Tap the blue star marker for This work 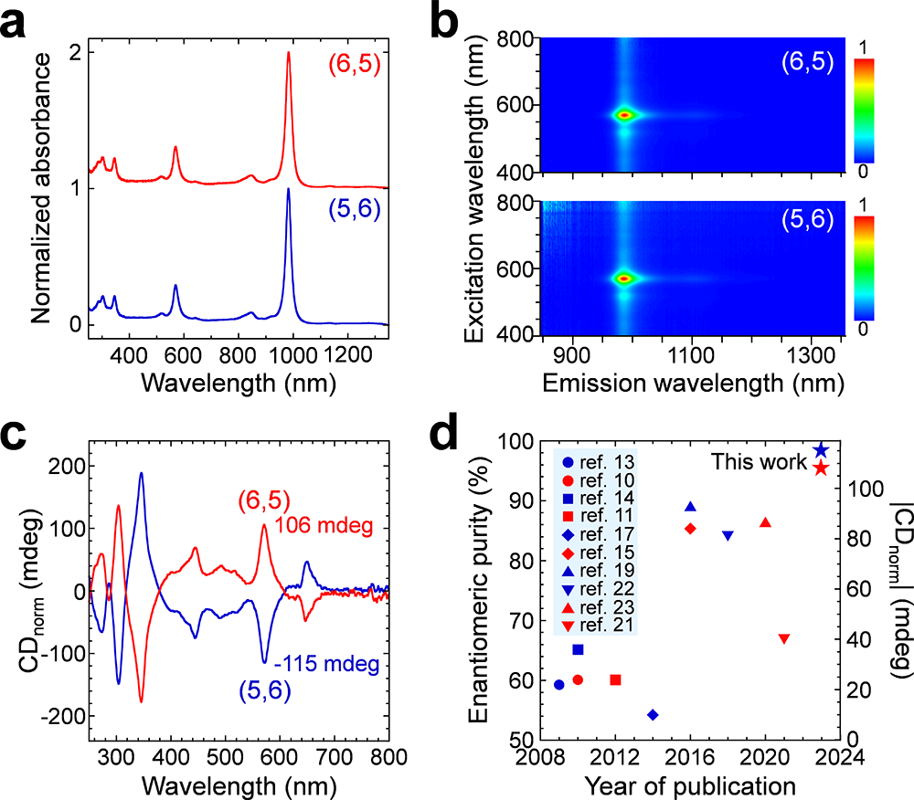coord(821,449)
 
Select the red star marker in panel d coord(821,468)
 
